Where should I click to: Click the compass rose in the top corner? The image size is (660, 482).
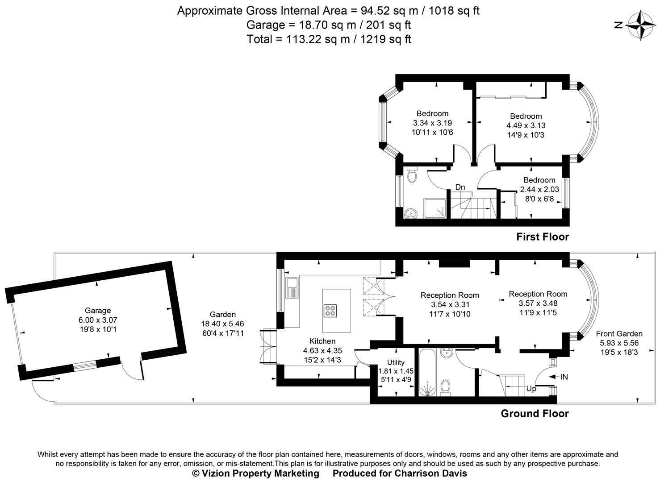click(x=641, y=25)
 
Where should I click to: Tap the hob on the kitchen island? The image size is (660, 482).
click(x=331, y=310)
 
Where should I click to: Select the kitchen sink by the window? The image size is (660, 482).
click(x=292, y=287)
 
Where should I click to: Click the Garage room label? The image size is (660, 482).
click(x=97, y=311)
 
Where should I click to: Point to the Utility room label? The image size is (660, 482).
click(x=396, y=362)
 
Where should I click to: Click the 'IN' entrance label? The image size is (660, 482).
click(x=564, y=377)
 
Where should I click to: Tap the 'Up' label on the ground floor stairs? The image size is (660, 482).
click(x=531, y=389)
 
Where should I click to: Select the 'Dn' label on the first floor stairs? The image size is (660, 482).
click(x=460, y=187)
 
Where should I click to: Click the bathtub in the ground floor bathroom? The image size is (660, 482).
click(x=428, y=372)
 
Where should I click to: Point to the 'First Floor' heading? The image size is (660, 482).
click(x=543, y=237)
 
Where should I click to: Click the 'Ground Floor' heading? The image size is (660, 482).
click(x=535, y=414)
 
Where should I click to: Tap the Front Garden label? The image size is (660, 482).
click(x=619, y=333)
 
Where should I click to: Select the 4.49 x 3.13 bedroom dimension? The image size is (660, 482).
click(x=526, y=125)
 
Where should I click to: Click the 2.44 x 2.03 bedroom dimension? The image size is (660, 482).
click(x=539, y=189)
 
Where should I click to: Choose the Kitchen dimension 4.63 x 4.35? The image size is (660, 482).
click(x=322, y=351)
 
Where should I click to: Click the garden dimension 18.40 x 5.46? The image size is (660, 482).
click(x=222, y=324)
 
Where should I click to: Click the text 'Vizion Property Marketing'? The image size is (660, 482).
click(x=260, y=473)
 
